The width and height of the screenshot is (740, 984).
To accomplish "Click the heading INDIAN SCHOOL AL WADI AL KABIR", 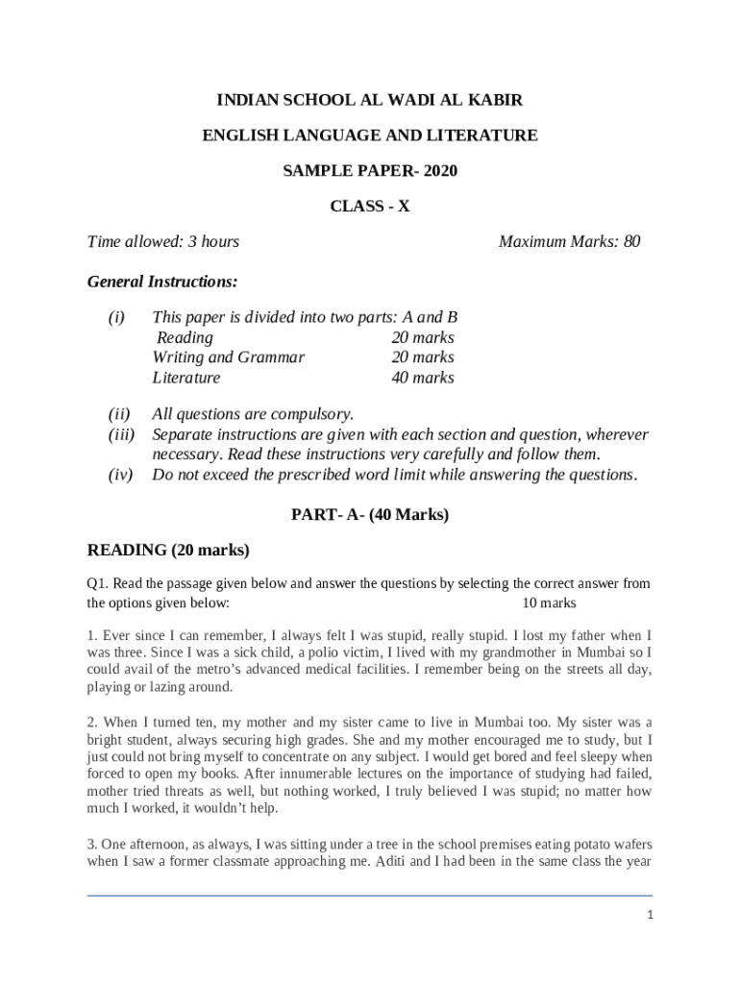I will coord(370,100).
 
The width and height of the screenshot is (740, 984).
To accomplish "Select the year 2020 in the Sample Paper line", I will coord(438,171).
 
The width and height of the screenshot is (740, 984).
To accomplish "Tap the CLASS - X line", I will coord(370,206).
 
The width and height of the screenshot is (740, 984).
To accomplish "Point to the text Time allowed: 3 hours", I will coord(163,241).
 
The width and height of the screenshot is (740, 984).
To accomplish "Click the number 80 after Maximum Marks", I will coord(631,241).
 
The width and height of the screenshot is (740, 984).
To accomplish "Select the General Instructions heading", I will coord(162,282).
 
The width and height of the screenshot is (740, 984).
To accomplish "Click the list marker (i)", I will coord(116,317).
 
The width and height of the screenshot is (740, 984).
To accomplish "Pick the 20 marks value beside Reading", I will coord(423,337).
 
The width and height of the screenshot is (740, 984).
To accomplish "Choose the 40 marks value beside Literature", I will coord(423,378).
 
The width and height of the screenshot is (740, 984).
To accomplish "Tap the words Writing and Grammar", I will coord(229,357).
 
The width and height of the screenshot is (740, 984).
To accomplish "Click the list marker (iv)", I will coord(119,475).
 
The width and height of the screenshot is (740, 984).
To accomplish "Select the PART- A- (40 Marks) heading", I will coord(370,515).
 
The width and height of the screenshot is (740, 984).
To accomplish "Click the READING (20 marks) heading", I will coord(168,551).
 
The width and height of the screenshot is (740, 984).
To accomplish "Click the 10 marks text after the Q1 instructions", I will coord(549,603).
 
